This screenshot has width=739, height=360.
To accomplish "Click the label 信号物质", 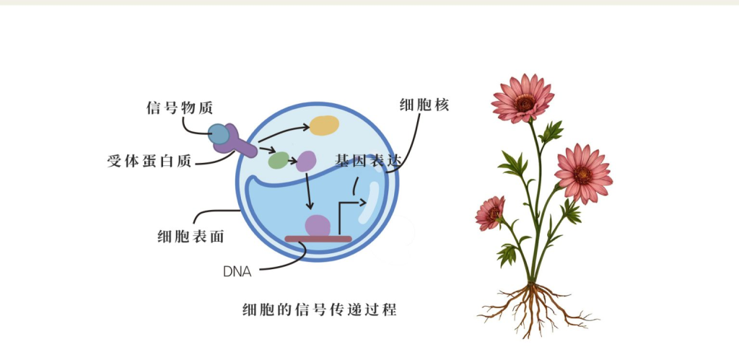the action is coord(180,108).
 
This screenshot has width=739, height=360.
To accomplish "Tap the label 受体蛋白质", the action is coord(149,161).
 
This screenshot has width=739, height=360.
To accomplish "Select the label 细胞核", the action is coord(424,105).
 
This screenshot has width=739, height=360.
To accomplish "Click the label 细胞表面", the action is coord(191,236).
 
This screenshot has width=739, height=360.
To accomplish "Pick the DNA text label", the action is coord(237,272).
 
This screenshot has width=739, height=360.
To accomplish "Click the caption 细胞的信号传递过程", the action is coord(320,309).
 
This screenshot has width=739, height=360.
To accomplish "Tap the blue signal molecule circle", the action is coord(219,134).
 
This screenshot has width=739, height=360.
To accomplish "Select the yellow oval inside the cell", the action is coord(324,126).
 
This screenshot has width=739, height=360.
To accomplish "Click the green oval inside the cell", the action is coord(279,160).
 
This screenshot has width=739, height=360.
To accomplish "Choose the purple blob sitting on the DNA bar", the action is coord(318,226).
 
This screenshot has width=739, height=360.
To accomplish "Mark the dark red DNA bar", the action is coord(318,239).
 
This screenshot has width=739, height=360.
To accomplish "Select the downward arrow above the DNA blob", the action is coord(308,191).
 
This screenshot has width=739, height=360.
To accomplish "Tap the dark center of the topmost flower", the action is coord(525,103).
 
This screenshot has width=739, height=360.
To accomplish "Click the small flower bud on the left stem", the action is coord(490,213).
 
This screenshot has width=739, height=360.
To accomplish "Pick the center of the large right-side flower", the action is coord(582,175).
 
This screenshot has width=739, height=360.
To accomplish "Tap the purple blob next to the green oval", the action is coord(305,161).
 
